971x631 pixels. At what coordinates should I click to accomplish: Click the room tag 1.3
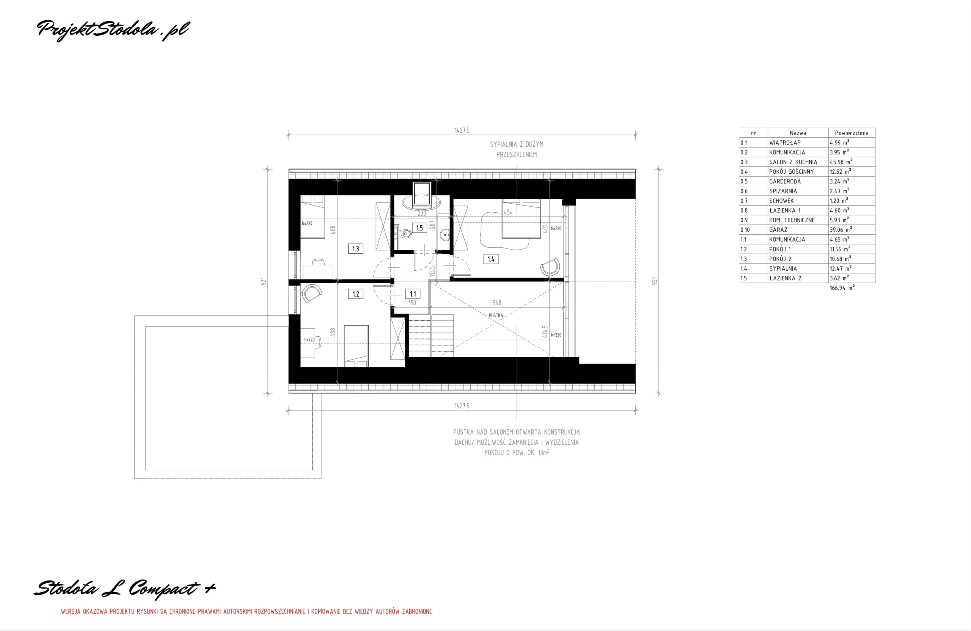356,248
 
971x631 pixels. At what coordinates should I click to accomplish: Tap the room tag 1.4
491,259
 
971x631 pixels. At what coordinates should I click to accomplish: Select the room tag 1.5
420,228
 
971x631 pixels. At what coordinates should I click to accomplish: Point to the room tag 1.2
356,294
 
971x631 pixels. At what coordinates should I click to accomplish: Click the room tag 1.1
413,294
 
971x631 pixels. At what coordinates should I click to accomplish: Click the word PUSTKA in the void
496,315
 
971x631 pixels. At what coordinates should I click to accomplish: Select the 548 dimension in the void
496,303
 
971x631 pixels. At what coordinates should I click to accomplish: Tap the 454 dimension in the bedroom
508,212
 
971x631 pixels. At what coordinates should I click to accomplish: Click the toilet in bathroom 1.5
405,234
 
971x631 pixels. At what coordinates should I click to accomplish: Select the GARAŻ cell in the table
778,230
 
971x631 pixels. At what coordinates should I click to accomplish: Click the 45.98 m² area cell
841,162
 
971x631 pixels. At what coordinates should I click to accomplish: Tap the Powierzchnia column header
852,133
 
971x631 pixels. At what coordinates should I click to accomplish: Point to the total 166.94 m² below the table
842,288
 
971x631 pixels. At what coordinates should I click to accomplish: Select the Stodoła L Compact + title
124,589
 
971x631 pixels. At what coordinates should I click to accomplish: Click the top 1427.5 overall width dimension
462,130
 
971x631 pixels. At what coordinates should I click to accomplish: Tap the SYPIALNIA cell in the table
782,268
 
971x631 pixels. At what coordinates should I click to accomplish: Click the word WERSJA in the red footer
71,611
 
